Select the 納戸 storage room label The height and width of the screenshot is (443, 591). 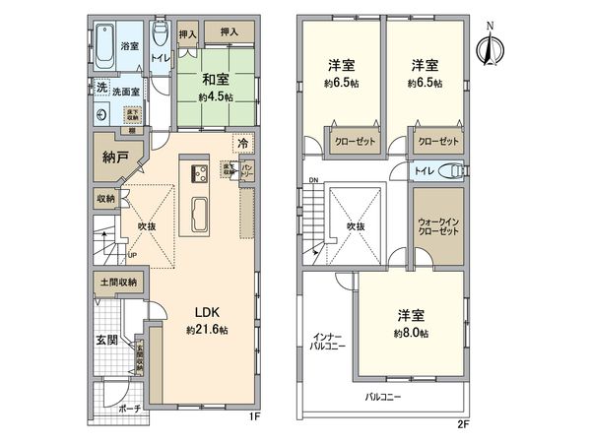[x=115, y=158]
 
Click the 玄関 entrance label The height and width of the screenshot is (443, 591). [x=106, y=341]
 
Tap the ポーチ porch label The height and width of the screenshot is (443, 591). [x=127, y=408]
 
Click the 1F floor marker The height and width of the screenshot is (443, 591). [x=253, y=417]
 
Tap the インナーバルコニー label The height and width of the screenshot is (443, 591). [x=326, y=341]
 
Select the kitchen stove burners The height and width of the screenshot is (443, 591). [x=198, y=175]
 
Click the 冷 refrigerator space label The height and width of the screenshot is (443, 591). [x=242, y=144]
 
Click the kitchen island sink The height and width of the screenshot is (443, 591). [x=198, y=212]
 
